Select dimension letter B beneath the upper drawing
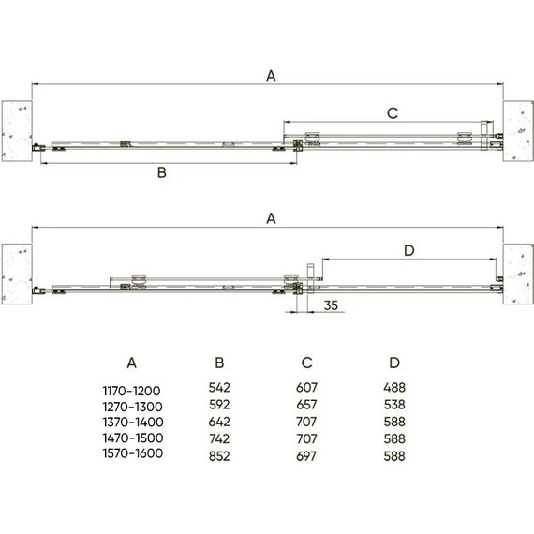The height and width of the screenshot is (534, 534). [x=161, y=172]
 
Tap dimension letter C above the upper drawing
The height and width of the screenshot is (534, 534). [x=393, y=112]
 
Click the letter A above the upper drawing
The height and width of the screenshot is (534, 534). [x=271, y=77]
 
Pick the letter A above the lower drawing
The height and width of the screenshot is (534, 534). [x=271, y=218]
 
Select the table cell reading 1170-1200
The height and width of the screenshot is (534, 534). [x=132, y=386]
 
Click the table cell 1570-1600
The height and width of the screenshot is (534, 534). [x=132, y=453]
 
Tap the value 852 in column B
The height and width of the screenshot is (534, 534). [x=218, y=454]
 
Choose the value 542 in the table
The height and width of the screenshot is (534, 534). [x=218, y=386]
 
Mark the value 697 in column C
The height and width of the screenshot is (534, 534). [x=305, y=454]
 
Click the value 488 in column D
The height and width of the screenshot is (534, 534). [x=394, y=386]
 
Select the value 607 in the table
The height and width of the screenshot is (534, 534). [x=305, y=386]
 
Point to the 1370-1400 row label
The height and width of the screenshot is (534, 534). [x=132, y=420]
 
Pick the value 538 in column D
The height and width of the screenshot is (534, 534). [x=394, y=403]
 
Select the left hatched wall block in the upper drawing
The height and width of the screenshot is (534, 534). [x=18, y=129]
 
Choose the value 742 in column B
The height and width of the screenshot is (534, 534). [x=218, y=438]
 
